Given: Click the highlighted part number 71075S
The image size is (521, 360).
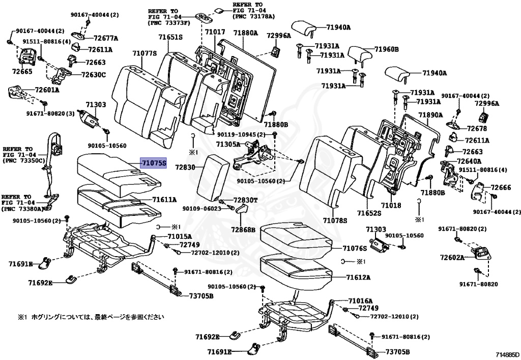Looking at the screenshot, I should point(154,163).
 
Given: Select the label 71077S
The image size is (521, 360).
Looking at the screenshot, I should point(144,53).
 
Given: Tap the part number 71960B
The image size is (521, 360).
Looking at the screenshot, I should point(386,49).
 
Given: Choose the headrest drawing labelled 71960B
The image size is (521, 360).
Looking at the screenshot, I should point(360,52).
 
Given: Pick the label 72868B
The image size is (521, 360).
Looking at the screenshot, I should point(243,230).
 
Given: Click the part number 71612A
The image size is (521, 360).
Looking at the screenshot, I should point(358,278).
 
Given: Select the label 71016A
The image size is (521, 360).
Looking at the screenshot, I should point(360,301).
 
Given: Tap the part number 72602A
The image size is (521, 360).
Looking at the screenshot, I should point(452,258).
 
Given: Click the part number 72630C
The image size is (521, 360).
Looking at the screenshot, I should point(94,75).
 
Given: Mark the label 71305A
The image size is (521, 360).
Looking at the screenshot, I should point(227,145).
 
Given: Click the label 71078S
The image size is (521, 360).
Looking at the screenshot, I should point(334,220).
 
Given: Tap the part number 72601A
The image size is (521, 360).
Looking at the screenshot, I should point(47,90).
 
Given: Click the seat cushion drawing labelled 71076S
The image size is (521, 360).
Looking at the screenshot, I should point(295,240).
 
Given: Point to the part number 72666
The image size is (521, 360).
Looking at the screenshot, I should point(501,188).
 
